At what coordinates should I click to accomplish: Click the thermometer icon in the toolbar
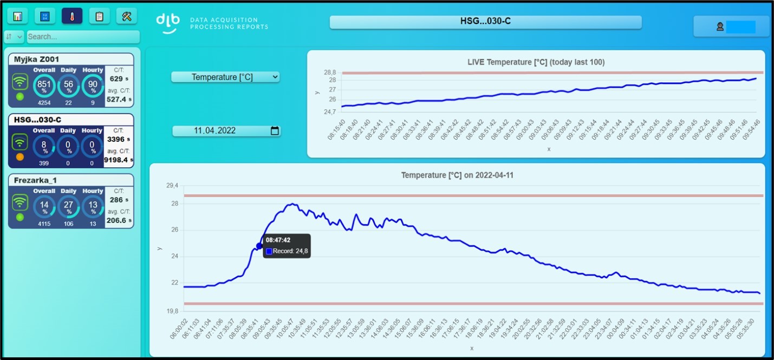pyautogui.click(x=72, y=16)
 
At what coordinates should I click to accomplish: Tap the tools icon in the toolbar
pyautogui.click(x=127, y=16)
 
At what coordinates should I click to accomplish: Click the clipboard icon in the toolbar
pyautogui.click(x=99, y=16)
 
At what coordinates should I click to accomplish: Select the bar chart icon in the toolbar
pyautogui.click(x=17, y=16)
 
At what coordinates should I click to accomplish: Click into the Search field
pyautogui.click(x=83, y=37)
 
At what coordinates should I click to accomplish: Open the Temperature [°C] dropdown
pyautogui.click(x=225, y=77)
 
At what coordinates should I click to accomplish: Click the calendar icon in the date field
pyautogui.click(x=275, y=130)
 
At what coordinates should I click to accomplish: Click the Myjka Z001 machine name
pyautogui.click(x=36, y=59)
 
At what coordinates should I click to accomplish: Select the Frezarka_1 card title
pyautogui.click(x=35, y=180)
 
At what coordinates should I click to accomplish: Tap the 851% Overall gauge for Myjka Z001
pyautogui.click(x=44, y=86)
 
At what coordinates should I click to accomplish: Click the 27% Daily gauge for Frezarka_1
pyautogui.click(x=69, y=207)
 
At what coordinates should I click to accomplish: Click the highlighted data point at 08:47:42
pyautogui.click(x=259, y=246)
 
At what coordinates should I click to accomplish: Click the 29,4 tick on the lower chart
pyautogui.click(x=172, y=186)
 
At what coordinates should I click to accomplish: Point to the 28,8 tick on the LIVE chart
pyautogui.click(x=330, y=73)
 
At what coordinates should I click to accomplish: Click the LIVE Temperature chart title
pyautogui.click(x=536, y=62)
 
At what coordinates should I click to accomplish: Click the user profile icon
pyautogui.click(x=720, y=27)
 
